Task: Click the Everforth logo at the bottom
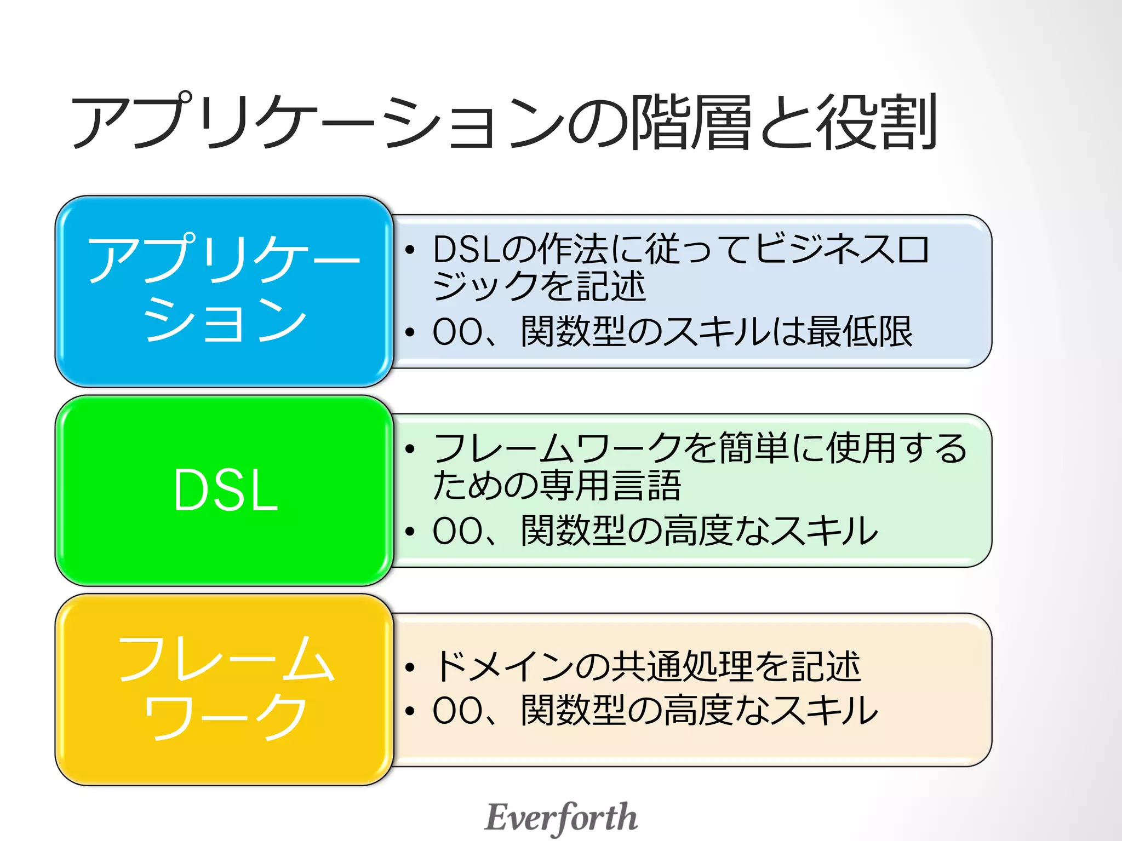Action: coord(561,817)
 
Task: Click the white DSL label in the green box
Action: coord(226,491)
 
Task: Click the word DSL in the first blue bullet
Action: coord(466,250)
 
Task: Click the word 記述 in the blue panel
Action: coord(611,286)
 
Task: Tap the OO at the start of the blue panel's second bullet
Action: coord(458,332)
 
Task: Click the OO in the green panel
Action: coord(458,531)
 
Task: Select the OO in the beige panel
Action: coord(458,711)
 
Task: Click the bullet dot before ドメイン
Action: coord(410,668)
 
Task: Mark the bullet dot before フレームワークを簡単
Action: coord(410,450)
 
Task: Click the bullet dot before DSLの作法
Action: coord(410,251)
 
